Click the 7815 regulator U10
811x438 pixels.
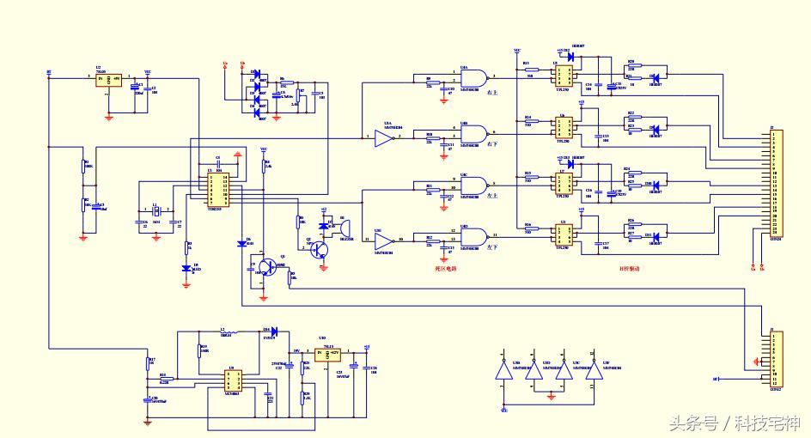[x=327, y=354]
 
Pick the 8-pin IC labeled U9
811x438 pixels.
[x=231, y=380]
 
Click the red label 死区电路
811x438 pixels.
[x=445, y=269]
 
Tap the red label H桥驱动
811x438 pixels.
[x=630, y=269]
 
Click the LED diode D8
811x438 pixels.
[x=186, y=268]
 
